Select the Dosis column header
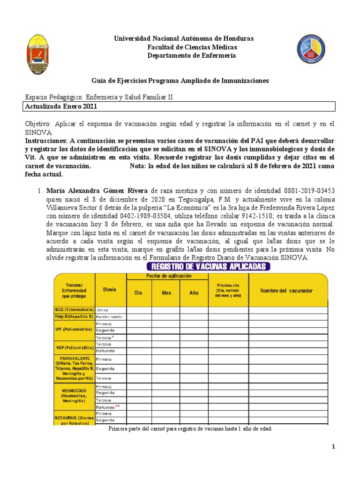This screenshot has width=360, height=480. click(x=110, y=290)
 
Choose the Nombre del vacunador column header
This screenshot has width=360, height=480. click(x=286, y=291)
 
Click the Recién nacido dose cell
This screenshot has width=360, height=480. click(x=110, y=317)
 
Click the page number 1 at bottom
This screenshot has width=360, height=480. click(x=333, y=447)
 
